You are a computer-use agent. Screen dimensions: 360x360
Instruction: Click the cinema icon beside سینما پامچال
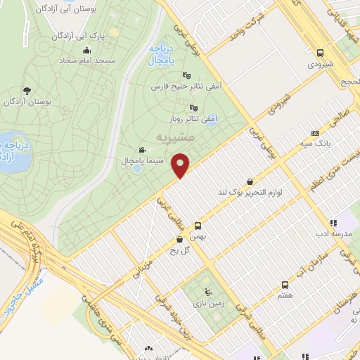(x=143, y=150)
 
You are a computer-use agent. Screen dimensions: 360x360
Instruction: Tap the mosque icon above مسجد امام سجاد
(x=86, y=50)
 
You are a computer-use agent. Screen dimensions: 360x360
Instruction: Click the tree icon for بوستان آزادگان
(x=27, y=90)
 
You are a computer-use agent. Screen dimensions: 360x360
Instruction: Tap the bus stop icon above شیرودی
(x=321, y=53)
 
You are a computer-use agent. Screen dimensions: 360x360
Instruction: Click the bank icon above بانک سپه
(x=315, y=133)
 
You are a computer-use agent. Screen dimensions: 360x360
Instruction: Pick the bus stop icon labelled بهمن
(x=198, y=226)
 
